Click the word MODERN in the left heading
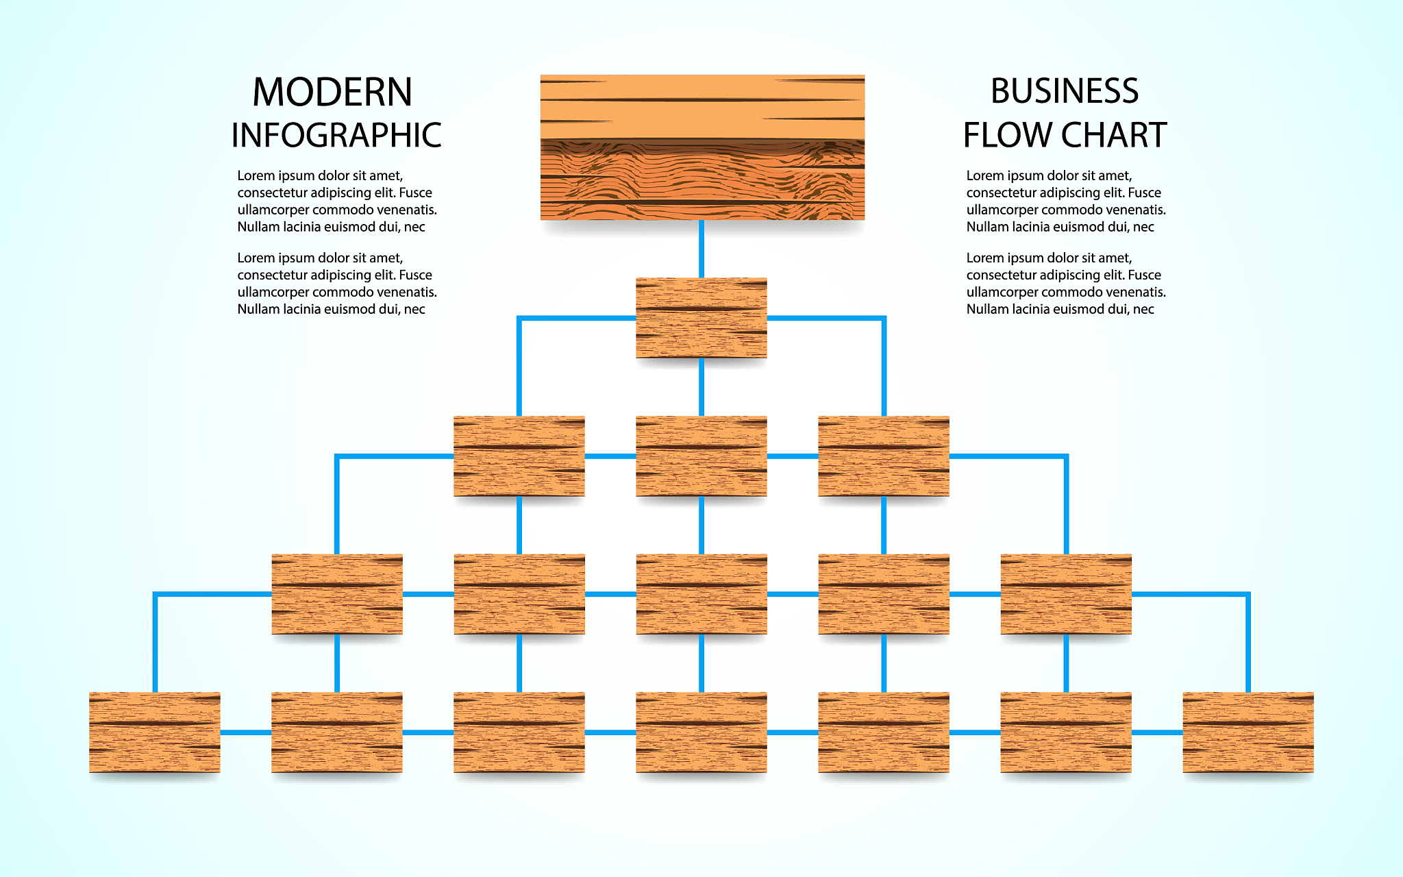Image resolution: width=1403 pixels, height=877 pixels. click(332, 92)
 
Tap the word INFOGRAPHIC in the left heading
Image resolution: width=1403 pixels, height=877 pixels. click(336, 136)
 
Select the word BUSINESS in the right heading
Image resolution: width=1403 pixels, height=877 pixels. click(1065, 92)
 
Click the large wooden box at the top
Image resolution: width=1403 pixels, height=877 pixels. click(702, 147)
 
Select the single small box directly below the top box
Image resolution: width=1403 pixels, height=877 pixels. click(701, 318)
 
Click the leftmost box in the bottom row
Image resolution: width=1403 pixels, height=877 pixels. click(155, 732)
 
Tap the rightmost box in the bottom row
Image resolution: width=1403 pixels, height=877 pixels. click(1248, 732)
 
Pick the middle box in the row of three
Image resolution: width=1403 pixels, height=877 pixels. click(701, 456)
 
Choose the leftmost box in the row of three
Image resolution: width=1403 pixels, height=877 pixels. click(519, 456)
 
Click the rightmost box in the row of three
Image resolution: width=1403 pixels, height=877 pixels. click(884, 456)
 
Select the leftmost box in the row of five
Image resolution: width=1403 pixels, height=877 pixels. click(337, 594)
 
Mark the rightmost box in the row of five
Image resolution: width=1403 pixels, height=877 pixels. click(1066, 594)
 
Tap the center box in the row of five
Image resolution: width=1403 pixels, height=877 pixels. click(701, 594)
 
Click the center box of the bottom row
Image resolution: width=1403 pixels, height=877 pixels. click(701, 732)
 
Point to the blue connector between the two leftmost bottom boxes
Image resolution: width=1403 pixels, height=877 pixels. click(246, 732)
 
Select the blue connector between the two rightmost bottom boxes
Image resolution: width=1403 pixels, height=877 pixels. click(1157, 732)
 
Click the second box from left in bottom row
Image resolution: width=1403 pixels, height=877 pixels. click(337, 732)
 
